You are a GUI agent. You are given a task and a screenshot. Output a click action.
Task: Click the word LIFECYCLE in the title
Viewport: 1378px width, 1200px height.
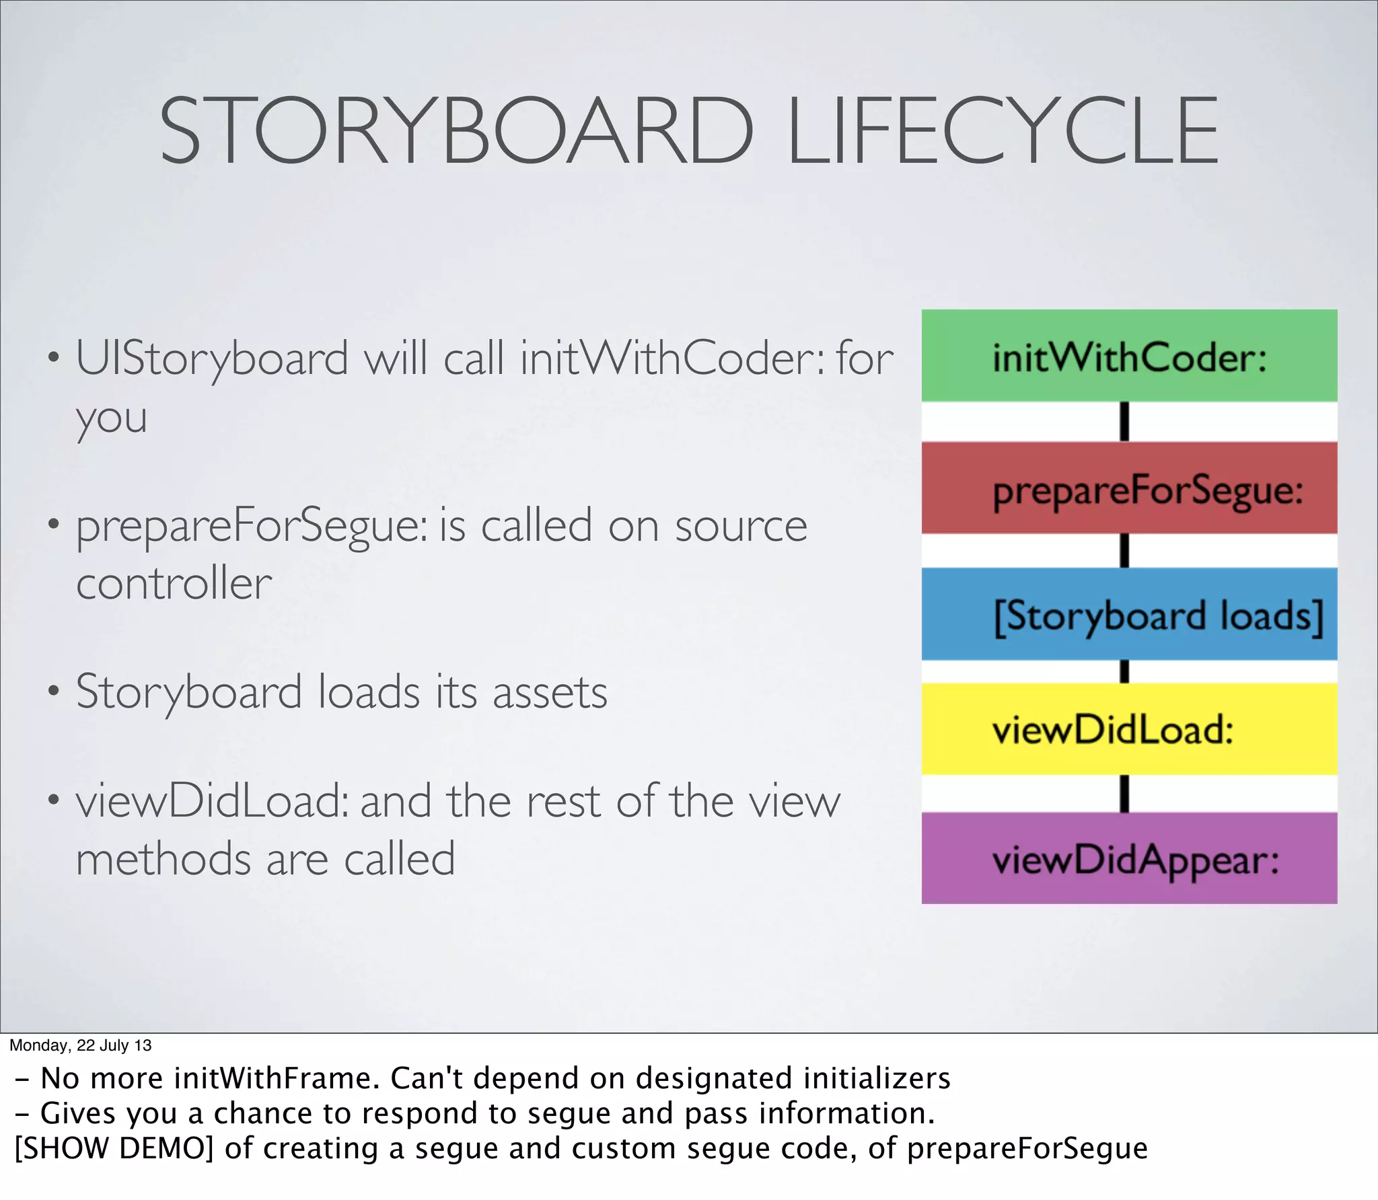tap(1003, 130)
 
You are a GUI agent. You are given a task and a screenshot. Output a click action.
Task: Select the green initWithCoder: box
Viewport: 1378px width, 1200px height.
tap(1129, 356)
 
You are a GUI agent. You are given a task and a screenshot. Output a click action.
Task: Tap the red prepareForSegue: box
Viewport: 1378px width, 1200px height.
tap(1129, 488)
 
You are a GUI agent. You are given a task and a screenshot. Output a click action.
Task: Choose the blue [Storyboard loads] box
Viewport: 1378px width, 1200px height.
tap(1129, 614)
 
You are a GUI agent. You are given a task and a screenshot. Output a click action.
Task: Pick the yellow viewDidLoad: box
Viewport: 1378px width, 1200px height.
tap(1129, 729)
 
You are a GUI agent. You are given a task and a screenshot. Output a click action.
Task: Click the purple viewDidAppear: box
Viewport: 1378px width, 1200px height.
tap(1129, 858)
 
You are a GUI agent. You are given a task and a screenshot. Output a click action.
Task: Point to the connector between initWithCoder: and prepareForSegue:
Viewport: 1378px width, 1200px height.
tap(1124, 422)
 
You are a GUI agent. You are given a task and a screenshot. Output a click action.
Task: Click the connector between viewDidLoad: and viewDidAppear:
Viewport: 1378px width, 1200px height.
tap(1124, 794)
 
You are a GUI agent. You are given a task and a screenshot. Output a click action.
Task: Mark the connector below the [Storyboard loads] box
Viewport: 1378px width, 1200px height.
tap(1124, 671)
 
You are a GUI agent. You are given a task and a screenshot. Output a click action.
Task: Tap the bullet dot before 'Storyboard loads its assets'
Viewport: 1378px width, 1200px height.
tap(54, 690)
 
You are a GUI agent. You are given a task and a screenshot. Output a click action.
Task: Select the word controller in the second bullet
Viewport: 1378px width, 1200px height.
tap(174, 583)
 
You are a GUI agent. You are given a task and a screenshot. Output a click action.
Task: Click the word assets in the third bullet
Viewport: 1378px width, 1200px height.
tap(550, 693)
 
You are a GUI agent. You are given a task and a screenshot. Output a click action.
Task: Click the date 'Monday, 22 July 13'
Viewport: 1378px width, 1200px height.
tap(80, 1045)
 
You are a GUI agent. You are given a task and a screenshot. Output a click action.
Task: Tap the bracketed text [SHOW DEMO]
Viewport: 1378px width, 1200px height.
tap(114, 1148)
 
